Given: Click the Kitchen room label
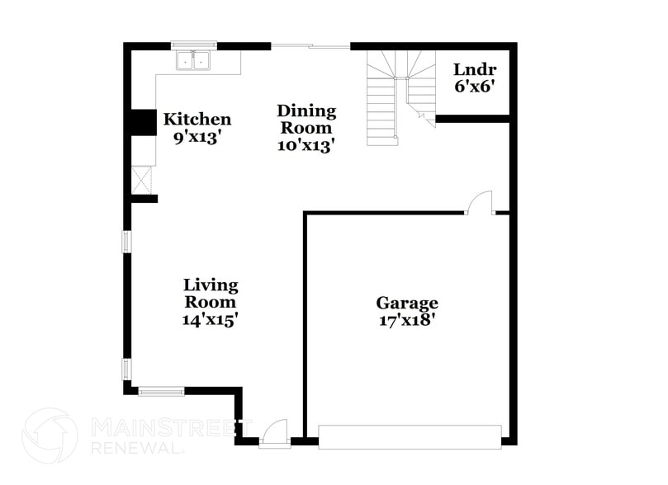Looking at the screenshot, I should coord(197,120).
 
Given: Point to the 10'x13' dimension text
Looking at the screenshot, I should coord(306,145).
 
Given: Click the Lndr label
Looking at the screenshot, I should coord(475,68).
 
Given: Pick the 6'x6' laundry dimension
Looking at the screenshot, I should coord(475,85).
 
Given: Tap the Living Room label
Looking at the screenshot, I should coord(211,294).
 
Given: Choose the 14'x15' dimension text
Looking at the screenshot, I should coord(211,319).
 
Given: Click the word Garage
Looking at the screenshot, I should coord(407,303).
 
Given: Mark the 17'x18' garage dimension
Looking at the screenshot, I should coord(407,320).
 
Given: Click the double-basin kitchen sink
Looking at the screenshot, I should coord(195,61).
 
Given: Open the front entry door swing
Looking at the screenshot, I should coord(274,432).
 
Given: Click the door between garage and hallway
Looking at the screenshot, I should coord(480,203).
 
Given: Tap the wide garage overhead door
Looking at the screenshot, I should coord(410,436).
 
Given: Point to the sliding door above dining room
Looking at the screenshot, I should coord(310,46).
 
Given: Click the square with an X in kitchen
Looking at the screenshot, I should coord(142,179).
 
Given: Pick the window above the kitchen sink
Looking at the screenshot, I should coord(194,45).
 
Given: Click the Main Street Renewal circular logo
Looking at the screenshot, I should coord(50,436).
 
